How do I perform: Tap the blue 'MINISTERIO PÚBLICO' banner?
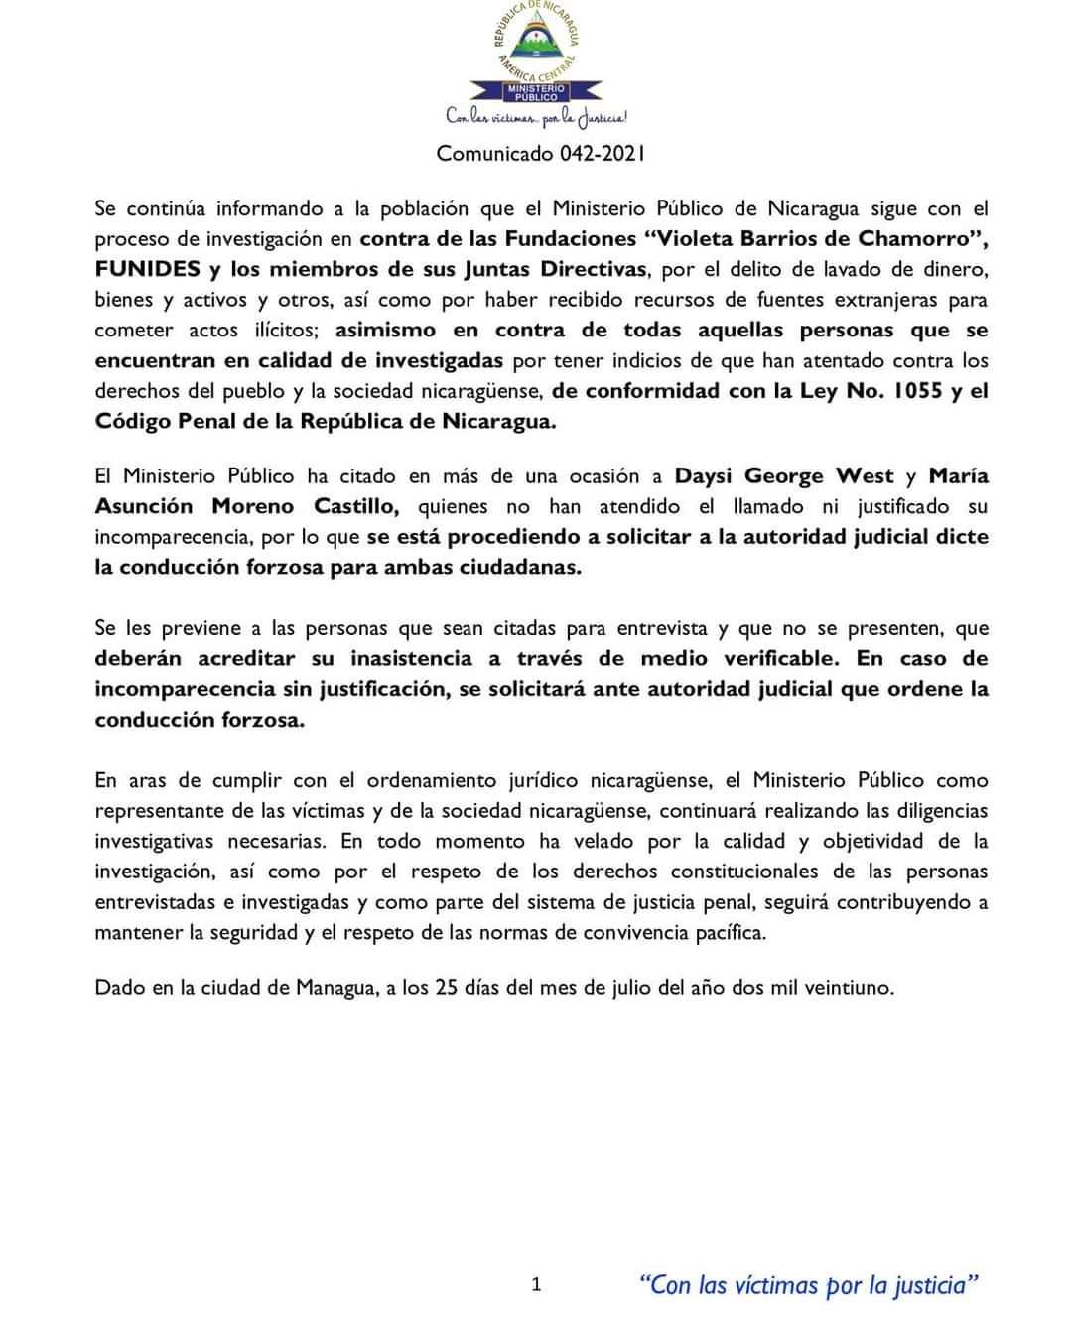pyautogui.click(x=536, y=93)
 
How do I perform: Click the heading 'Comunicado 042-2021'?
pyautogui.click(x=541, y=154)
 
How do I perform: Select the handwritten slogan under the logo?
pyautogui.click(x=536, y=118)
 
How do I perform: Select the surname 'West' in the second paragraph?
pyautogui.click(x=865, y=476)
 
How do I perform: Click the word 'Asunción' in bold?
pyautogui.click(x=144, y=507)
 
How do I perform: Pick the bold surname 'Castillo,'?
pyautogui.click(x=356, y=507)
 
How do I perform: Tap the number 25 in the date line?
pyautogui.click(x=447, y=988)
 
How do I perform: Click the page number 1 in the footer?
pyautogui.click(x=537, y=1285)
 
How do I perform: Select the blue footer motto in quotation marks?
pyautogui.click(x=809, y=1285)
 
